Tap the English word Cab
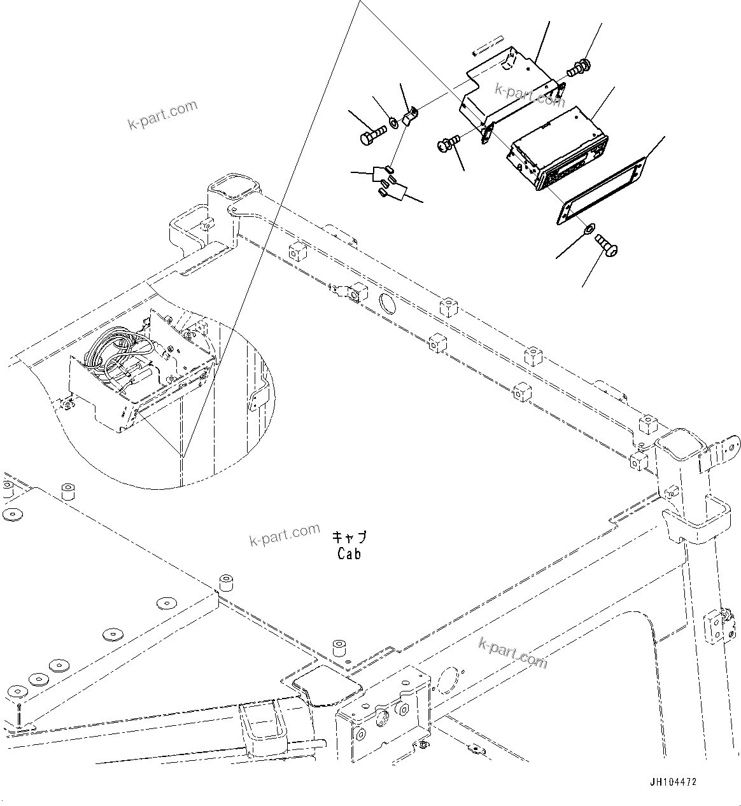pos(349,554)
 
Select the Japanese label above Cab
pos(349,538)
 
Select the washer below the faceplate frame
pos(589,227)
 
